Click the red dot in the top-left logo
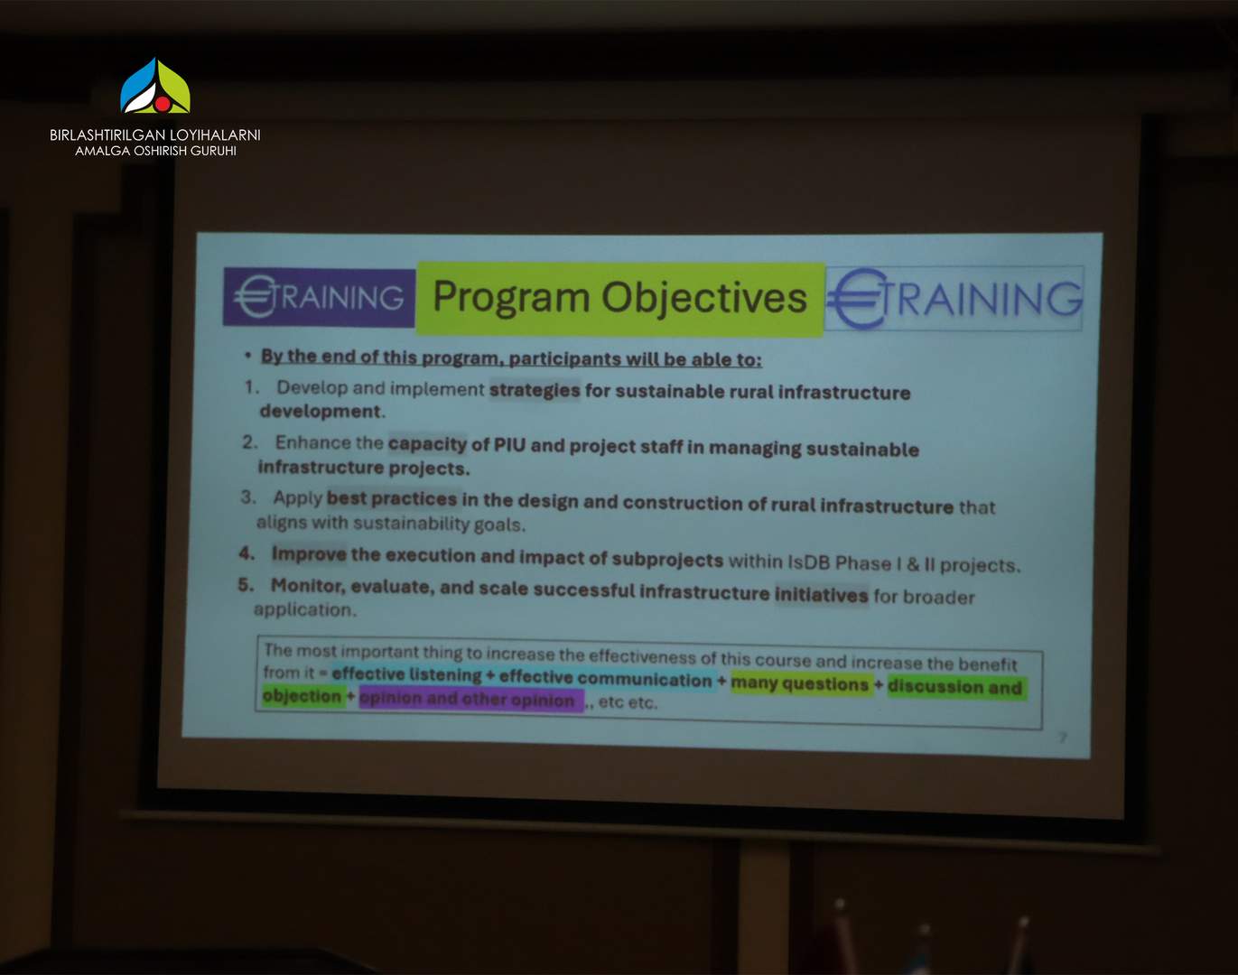(x=163, y=104)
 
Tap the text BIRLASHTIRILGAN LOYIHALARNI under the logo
(x=155, y=135)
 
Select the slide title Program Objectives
(x=619, y=298)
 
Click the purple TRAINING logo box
(x=320, y=297)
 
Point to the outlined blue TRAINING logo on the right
(x=955, y=299)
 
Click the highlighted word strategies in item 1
(x=535, y=390)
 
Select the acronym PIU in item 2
(x=509, y=445)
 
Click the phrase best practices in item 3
(x=392, y=498)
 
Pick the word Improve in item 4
(x=309, y=554)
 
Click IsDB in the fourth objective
(x=807, y=562)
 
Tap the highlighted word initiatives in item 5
(x=821, y=595)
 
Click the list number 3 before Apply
(x=248, y=497)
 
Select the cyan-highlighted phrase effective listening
(x=406, y=674)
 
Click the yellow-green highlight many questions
(x=800, y=684)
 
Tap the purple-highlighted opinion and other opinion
(x=467, y=700)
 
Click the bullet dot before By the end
(x=248, y=356)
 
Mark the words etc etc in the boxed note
(x=628, y=702)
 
